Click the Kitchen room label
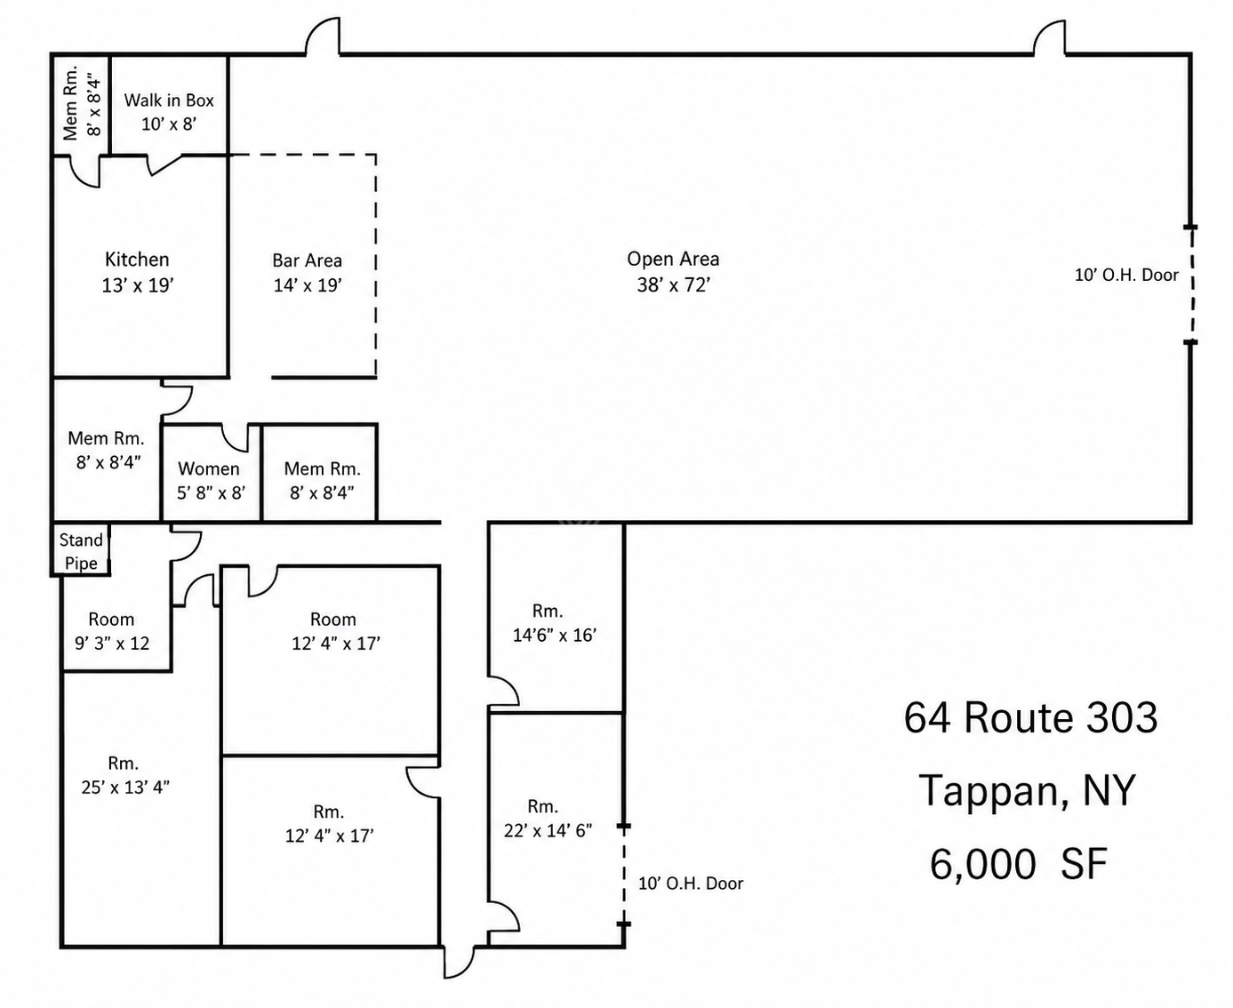coord(137,259)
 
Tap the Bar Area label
coord(307,260)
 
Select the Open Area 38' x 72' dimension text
coord(674,284)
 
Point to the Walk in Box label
coord(169,100)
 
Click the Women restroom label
coord(209,468)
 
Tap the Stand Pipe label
coord(81,551)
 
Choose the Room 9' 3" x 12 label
coord(112,631)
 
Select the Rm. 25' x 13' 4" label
coord(125,775)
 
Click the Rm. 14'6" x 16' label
coord(554,623)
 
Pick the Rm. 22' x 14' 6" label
coord(548,819)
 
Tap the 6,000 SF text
coord(1019,864)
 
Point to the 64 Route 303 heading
coord(1030,717)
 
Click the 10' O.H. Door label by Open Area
coord(1126,275)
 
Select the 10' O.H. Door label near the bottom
coord(691,883)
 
